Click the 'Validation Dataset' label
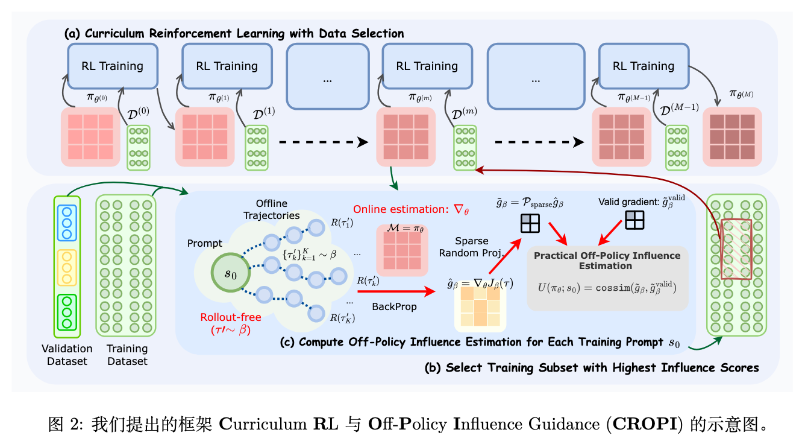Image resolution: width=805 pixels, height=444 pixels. pos(67,355)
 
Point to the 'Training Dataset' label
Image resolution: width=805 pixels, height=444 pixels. pos(127,355)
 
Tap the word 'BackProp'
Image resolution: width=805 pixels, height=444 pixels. pos(394,307)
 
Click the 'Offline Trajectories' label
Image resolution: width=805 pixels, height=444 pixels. pos(271,209)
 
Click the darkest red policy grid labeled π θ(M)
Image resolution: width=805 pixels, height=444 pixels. pos(732,136)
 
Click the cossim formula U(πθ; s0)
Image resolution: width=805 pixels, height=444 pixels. pos(607,288)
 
